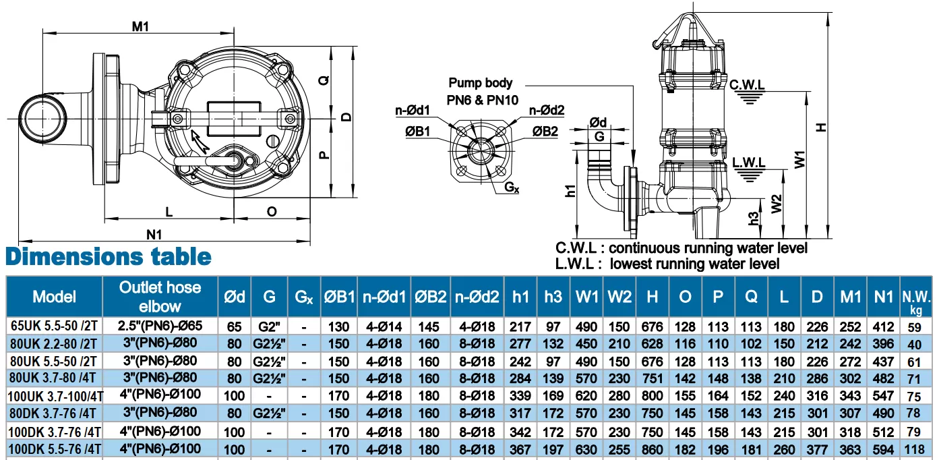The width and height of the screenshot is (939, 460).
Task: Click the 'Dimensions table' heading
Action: coord(109,257)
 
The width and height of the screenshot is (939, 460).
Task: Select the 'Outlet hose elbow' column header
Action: coord(160,296)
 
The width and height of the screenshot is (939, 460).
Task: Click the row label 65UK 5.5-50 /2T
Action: coord(54,326)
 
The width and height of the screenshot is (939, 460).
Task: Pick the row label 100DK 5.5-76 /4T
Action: coord(54,449)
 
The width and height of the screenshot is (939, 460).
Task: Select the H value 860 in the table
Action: coord(653,449)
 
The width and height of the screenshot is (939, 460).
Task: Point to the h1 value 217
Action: coord(520,326)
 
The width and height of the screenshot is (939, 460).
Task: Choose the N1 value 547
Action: coord(883,397)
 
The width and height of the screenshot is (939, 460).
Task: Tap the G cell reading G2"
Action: coord(269,326)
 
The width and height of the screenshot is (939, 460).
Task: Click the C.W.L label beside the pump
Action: coord(747,85)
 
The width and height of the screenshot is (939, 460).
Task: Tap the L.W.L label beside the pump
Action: coord(748,163)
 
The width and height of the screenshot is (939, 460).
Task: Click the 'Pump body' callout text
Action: coord(481,83)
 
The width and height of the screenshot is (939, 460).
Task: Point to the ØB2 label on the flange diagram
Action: coord(545,131)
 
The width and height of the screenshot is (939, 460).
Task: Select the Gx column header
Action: coord(303,296)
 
